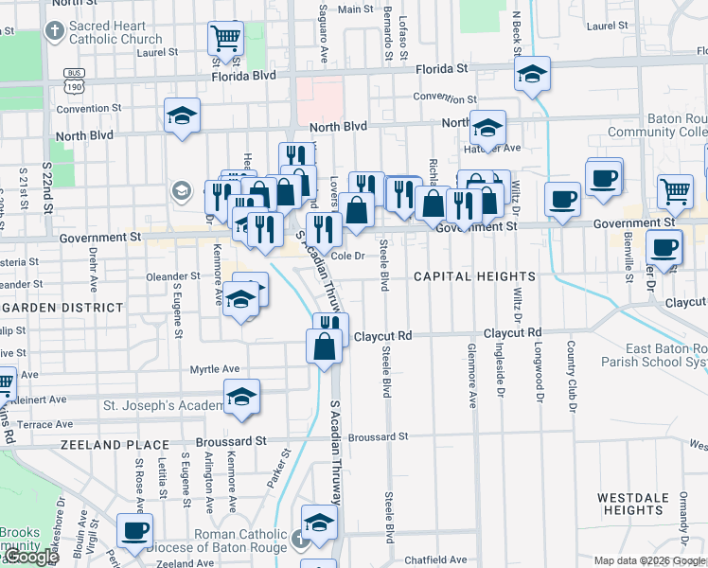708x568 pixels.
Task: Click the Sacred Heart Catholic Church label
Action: [x=115, y=32]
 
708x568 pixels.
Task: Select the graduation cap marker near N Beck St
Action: [x=533, y=75]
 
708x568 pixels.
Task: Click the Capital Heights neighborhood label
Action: [x=474, y=276]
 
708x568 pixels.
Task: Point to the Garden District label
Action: [x=62, y=308]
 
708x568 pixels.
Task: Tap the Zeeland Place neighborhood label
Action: [x=115, y=444]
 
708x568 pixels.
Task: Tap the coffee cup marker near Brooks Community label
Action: [x=134, y=530]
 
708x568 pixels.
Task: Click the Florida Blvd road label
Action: [x=243, y=75]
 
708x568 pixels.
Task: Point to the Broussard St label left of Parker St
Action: [x=231, y=442]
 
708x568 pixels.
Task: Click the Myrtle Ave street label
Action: [x=215, y=369]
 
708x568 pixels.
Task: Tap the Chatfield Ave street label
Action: [x=436, y=560]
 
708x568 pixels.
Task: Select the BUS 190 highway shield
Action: [x=74, y=80]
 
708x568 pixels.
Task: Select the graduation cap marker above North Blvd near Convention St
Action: [x=182, y=116]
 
